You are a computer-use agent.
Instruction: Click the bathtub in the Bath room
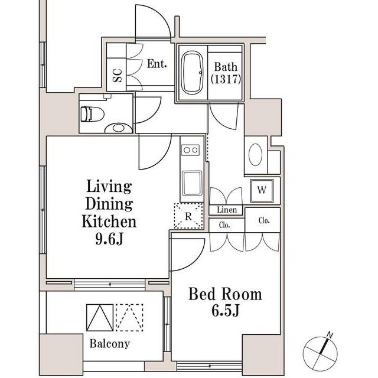click(x=192, y=72)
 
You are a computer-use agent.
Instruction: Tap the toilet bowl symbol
click(x=92, y=114)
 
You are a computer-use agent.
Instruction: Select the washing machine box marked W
click(x=262, y=190)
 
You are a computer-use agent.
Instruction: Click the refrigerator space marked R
click(x=188, y=216)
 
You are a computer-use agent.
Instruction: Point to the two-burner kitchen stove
click(x=190, y=150)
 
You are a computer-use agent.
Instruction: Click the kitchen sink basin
click(x=192, y=183)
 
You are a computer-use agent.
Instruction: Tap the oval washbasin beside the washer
click(x=255, y=155)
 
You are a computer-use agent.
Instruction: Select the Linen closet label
click(x=227, y=210)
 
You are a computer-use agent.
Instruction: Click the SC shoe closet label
click(x=117, y=76)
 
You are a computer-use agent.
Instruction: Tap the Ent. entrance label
click(x=157, y=64)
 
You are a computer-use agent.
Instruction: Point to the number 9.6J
click(x=109, y=239)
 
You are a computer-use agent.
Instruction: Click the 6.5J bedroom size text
click(x=225, y=310)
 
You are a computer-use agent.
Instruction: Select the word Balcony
click(x=110, y=344)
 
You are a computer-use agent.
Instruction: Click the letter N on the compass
click(x=330, y=335)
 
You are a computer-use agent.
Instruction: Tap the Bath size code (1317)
click(x=226, y=79)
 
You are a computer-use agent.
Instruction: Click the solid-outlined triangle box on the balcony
click(x=100, y=318)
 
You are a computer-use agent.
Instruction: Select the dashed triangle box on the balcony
click(x=129, y=318)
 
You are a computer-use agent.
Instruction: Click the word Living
click(x=109, y=187)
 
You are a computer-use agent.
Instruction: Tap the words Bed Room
click(x=225, y=294)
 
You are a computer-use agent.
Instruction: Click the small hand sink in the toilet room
click(x=118, y=128)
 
